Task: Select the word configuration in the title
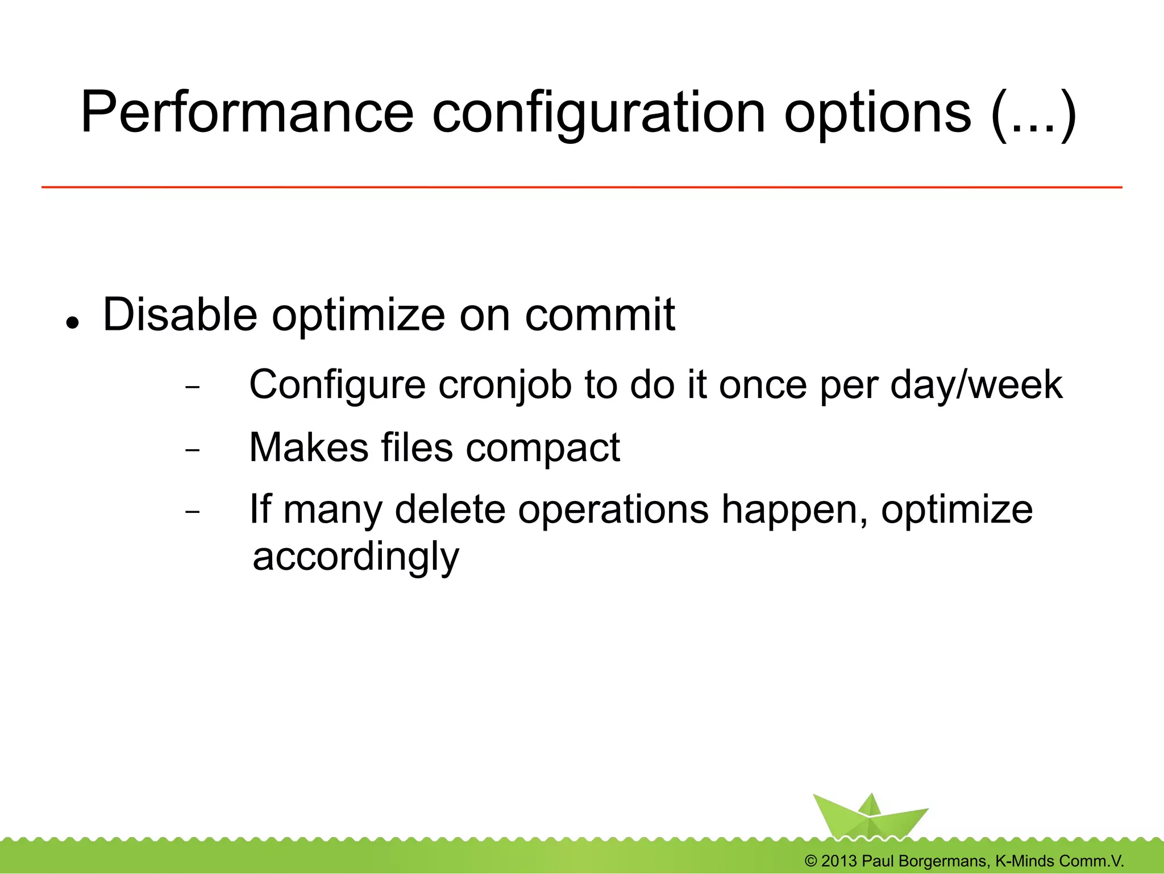[598, 112]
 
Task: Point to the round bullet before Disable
[72, 323]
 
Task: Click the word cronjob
[505, 385]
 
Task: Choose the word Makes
[309, 448]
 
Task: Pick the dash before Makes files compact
[193, 450]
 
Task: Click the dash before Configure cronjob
[193, 388]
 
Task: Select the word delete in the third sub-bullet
[450, 509]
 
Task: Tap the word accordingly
[356, 557]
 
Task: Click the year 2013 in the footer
[839, 861]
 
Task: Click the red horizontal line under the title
[581, 187]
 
